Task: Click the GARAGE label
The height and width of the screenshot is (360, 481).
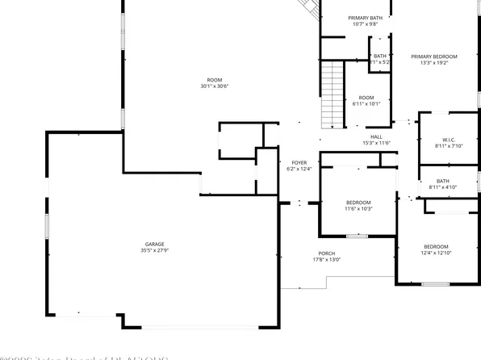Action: (155, 244)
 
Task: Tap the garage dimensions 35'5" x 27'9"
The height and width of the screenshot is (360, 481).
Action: (155, 251)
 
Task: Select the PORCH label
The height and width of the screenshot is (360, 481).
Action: (326, 253)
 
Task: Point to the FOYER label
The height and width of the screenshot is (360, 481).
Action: (299, 162)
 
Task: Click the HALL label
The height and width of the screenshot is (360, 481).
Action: (376, 136)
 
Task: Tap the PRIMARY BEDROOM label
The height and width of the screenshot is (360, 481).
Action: (433, 57)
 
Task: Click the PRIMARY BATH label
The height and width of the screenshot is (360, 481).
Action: (366, 18)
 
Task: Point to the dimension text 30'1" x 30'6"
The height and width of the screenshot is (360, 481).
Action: (214, 86)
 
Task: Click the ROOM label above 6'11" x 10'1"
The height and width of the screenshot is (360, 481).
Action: (366, 97)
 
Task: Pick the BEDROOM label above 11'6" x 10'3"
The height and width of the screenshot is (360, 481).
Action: (358, 202)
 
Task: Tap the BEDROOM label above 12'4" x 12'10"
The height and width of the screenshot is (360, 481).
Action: (437, 246)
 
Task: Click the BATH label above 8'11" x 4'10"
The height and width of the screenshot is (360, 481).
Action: (443, 181)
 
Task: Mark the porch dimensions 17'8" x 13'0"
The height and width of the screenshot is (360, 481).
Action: (326, 260)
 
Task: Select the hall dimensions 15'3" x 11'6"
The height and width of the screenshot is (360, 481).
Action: (376, 144)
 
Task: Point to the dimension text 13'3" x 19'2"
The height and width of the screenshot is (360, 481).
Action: (433, 64)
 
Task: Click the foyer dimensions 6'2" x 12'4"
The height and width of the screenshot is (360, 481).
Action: (299, 170)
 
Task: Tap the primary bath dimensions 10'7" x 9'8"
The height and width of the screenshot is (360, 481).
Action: (366, 24)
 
